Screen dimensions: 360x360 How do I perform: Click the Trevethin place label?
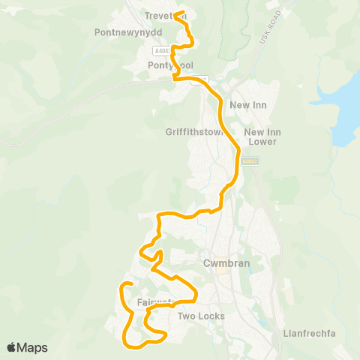point(166,16)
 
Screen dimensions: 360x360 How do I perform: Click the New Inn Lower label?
point(261,136)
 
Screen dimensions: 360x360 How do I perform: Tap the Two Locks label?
point(201,316)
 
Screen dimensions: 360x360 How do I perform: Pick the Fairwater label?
point(156,303)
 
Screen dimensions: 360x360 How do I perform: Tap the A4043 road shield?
point(160,50)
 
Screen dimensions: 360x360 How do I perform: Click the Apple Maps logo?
point(26,347)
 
